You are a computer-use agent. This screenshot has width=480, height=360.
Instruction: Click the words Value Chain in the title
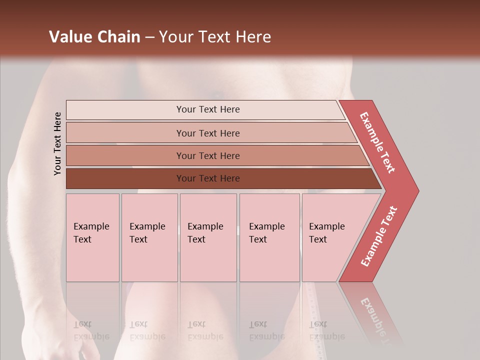[x=94, y=37]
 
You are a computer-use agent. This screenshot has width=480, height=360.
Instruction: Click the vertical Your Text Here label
[x=57, y=143]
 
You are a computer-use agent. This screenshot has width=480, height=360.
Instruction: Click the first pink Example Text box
[x=92, y=237]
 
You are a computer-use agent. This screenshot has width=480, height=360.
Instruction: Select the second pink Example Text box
[x=149, y=237]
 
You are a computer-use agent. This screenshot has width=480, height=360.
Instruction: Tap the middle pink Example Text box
[x=208, y=237]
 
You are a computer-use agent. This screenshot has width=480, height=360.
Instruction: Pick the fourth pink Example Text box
[x=269, y=237]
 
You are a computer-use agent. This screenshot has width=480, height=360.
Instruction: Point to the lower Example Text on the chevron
[x=379, y=236]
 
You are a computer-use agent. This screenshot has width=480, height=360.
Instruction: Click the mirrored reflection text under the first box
[x=91, y=330]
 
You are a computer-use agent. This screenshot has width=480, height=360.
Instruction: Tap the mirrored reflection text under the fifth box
[x=326, y=330]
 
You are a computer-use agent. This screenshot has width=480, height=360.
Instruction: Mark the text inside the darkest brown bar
[x=208, y=178]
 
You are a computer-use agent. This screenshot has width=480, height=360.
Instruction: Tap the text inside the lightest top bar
[x=208, y=109]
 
